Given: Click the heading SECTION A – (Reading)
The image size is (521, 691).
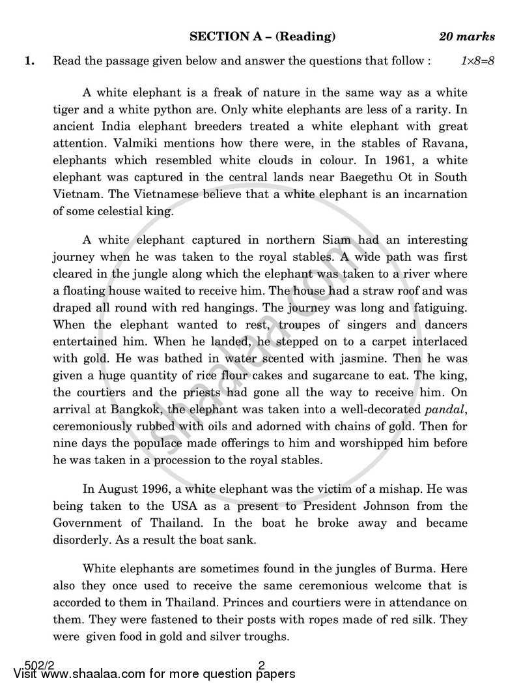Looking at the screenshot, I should tap(262, 37).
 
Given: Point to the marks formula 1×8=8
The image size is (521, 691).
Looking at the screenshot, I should tap(478, 61).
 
